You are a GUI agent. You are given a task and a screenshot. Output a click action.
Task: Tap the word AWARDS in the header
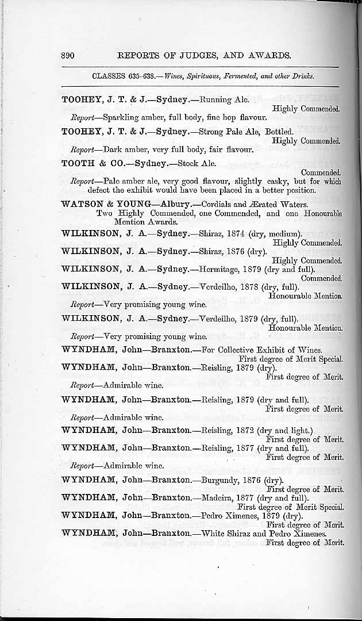pyautogui.click(x=263, y=56)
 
